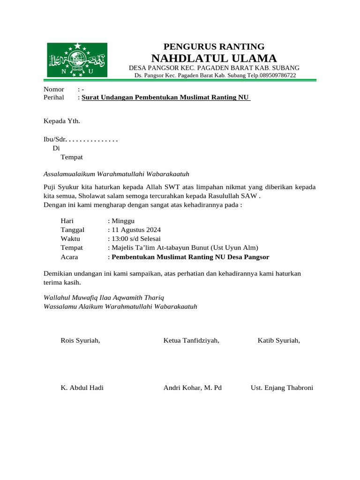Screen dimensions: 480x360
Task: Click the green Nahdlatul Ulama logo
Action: tap(77, 60)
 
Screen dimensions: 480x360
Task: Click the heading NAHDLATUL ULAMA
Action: tap(214, 58)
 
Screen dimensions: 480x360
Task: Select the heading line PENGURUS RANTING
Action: tap(214, 46)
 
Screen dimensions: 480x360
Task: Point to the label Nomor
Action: tap(54, 89)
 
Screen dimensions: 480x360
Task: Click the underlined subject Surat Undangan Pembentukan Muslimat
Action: tap(166, 97)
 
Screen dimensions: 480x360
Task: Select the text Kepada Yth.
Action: tap(62, 121)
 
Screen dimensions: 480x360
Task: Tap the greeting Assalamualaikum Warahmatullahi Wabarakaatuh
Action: tap(116, 174)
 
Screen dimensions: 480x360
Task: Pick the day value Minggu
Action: tap(122, 220)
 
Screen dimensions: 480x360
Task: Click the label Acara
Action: tap(69, 257)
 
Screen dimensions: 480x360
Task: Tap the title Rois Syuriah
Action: tap(80, 340)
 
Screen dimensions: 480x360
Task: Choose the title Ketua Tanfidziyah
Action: tap(191, 340)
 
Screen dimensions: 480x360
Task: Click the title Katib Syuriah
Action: tap(279, 340)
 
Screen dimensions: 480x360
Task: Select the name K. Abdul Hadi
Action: tap(82, 388)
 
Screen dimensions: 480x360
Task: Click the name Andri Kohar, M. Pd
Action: tap(193, 388)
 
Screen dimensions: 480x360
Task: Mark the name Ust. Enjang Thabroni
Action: tap(282, 388)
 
